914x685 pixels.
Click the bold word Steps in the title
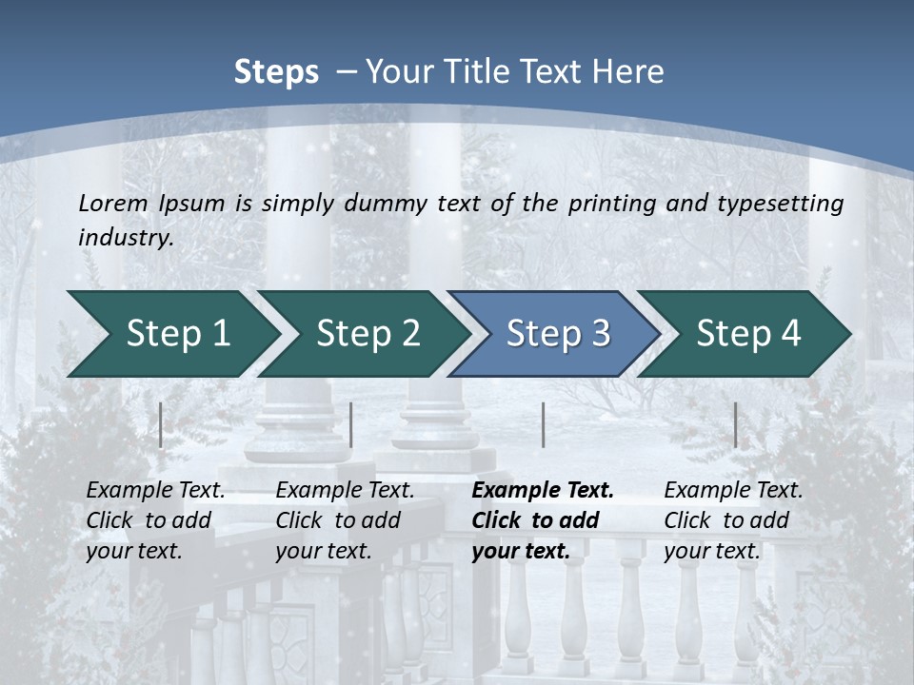point(276,72)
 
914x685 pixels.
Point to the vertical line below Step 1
point(161,425)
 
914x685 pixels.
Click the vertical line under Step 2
point(351,425)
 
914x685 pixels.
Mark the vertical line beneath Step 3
point(543,425)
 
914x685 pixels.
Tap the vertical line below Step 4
point(736,425)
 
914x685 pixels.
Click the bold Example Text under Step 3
point(543,491)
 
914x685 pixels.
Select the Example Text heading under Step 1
point(155,491)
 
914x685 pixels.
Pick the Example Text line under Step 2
point(345,491)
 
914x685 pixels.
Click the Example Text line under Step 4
point(733,491)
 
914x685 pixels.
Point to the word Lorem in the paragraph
point(113,204)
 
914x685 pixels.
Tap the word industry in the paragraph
point(126,238)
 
